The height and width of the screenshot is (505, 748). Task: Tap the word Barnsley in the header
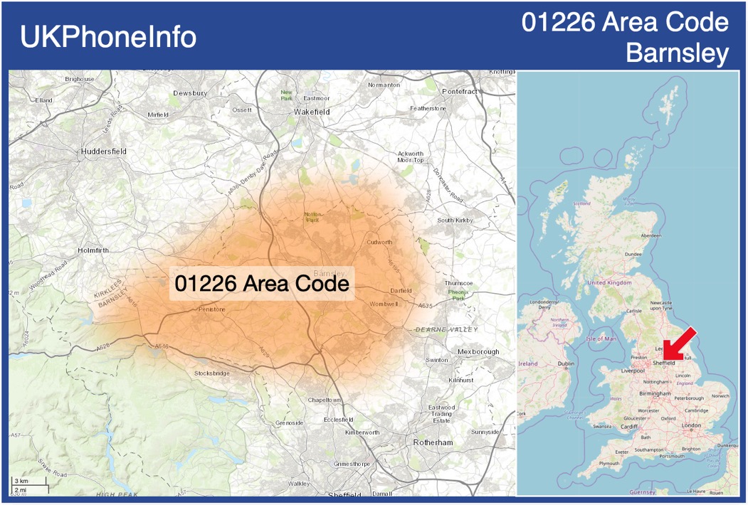pyautogui.click(x=677, y=53)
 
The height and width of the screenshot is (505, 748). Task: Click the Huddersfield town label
pyautogui.click(x=104, y=151)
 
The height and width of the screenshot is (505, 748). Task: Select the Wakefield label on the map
pyautogui.click(x=312, y=112)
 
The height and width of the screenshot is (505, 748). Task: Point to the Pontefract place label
pyautogui.click(x=460, y=92)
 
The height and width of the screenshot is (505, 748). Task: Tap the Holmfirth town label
pyautogui.click(x=97, y=250)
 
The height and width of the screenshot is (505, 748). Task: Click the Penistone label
pyautogui.click(x=211, y=309)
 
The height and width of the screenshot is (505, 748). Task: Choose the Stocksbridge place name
pyautogui.click(x=211, y=373)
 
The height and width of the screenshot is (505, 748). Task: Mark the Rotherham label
pyautogui.click(x=433, y=442)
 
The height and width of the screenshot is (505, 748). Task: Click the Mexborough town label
pyautogui.click(x=478, y=352)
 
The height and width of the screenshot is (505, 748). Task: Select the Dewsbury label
pyautogui.click(x=190, y=93)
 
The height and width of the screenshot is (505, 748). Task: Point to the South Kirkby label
pyautogui.click(x=455, y=220)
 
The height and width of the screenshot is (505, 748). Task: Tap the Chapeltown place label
pyautogui.click(x=324, y=400)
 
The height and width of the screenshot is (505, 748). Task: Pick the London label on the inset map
pyautogui.click(x=691, y=425)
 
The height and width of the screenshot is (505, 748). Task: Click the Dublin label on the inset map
pyautogui.click(x=566, y=363)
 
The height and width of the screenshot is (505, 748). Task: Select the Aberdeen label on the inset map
pyautogui.click(x=650, y=235)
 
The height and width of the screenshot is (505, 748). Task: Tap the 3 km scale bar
pyautogui.click(x=28, y=482)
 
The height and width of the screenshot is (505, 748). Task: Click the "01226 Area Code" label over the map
pyautogui.click(x=262, y=284)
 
